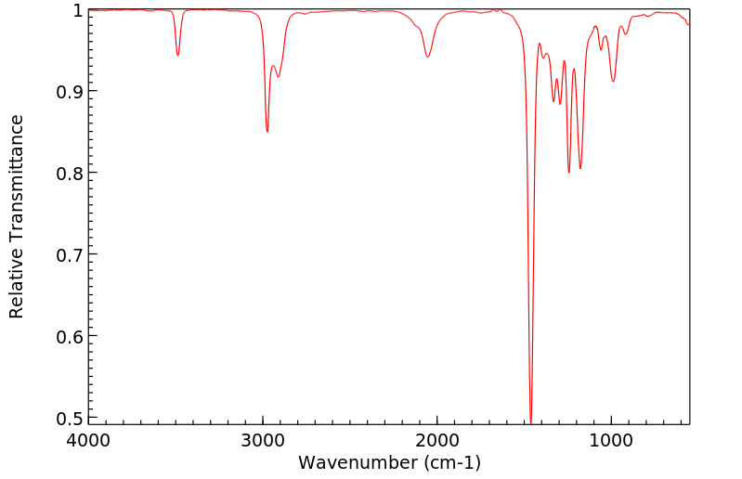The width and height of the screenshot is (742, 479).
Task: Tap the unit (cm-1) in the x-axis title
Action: pyautogui.click(x=450, y=462)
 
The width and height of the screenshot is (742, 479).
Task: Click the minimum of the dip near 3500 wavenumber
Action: pyautogui.click(x=177, y=56)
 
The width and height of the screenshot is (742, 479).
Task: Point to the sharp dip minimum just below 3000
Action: pyautogui.click(x=267, y=132)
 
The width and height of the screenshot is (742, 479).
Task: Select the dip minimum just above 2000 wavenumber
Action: pyautogui.click(x=427, y=57)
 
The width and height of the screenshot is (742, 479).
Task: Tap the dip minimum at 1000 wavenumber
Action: pyautogui.click(x=613, y=82)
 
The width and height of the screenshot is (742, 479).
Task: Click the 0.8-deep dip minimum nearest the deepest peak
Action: pyautogui.click(x=569, y=173)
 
